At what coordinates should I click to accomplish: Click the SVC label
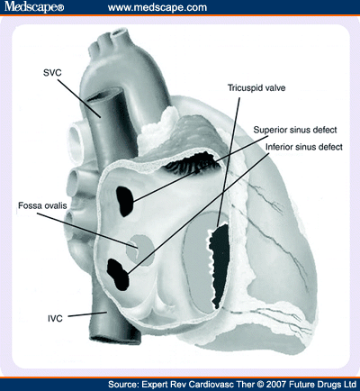(x=52, y=73)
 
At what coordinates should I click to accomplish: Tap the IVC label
(x=55, y=318)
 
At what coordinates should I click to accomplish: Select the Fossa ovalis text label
(x=42, y=205)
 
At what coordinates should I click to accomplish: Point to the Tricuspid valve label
(x=256, y=88)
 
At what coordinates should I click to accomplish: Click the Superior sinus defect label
(x=295, y=130)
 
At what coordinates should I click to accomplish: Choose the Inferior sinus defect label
(x=304, y=147)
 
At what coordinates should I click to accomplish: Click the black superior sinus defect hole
(x=125, y=201)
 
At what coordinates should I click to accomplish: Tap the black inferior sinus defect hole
(x=118, y=274)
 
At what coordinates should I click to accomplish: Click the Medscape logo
(x=34, y=7)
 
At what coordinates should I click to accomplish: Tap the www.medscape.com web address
(x=157, y=7)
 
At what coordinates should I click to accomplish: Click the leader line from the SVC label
(x=79, y=98)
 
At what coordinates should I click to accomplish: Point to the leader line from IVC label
(x=87, y=314)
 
